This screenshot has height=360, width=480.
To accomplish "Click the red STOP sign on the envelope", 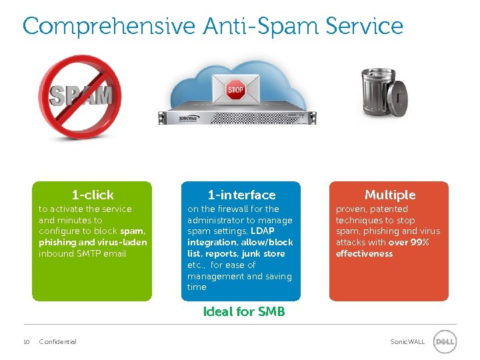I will coord(235,89).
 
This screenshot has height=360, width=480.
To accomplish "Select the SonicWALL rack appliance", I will coord(235,117).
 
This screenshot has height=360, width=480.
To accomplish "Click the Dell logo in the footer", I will coord(445,341).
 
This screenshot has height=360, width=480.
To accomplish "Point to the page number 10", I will coord(26,342).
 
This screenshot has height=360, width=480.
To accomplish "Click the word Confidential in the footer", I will coord(57,342).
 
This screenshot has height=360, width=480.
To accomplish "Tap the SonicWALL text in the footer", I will coord(407,342).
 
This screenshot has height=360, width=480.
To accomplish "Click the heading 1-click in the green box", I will coord(93,195).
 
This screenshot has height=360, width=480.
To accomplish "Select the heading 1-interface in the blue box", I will coord(241,195).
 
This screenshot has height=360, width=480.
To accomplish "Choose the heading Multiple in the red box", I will coord(390,195).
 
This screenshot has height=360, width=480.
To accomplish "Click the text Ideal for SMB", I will coord(243,311).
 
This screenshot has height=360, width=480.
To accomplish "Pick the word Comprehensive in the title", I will coord(109,27).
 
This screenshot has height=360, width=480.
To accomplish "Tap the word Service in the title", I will coord(365,27).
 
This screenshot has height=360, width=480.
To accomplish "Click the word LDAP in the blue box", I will coord(263,231).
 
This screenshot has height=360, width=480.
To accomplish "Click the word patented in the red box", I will coord(389,209).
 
